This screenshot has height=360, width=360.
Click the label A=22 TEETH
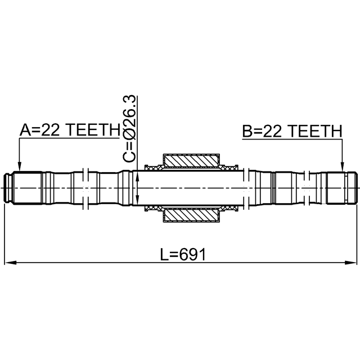point(70,130)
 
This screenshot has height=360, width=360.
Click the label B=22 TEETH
point(292,131)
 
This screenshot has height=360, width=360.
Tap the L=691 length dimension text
point(183,255)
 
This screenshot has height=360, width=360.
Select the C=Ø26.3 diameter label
point(129,129)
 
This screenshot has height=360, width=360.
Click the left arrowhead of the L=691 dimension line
point(11,263)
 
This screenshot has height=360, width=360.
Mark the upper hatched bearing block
point(191,161)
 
